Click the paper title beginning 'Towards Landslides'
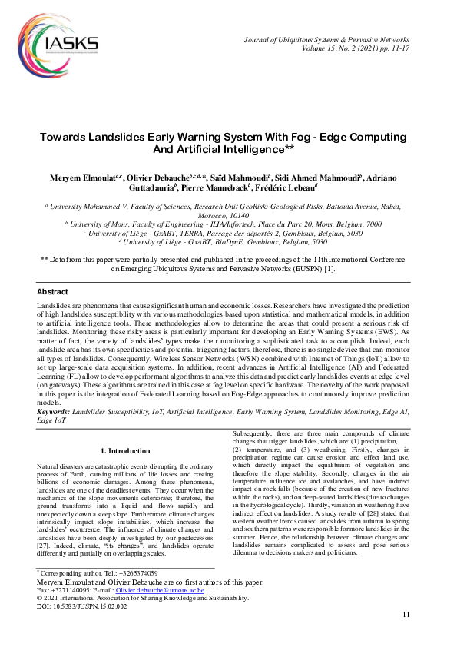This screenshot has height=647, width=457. pos(227,142)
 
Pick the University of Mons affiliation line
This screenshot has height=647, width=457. pos(227,224)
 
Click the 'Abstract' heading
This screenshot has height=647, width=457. pos(52,292)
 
